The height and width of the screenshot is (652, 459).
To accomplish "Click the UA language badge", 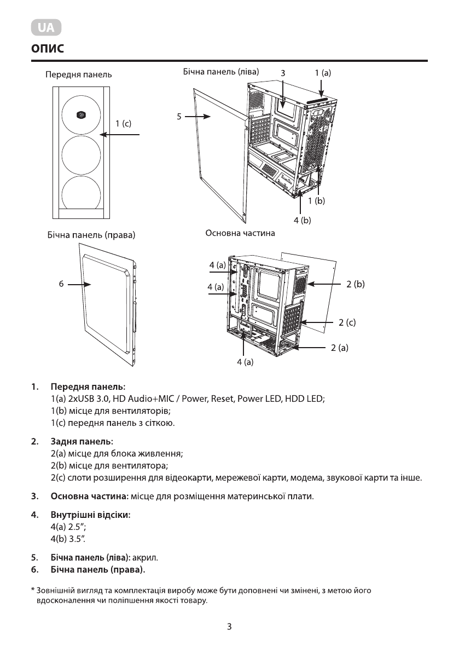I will (46, 28).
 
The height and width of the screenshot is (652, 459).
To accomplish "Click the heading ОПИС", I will (48, 49).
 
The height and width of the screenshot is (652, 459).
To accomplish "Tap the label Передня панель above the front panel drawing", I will (79, 74).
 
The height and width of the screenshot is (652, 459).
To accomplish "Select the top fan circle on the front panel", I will (80, 114).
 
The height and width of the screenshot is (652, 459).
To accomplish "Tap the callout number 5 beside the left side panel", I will (179, 116).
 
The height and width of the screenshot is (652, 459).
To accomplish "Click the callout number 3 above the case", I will (283, 72).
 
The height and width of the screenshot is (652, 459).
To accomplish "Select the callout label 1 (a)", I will (323, 72).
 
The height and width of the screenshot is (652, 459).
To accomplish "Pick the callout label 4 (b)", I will (302, 220).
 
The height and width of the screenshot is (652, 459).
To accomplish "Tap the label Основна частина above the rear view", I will (240, 233).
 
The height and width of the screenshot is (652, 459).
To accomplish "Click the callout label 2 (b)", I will (356, 284).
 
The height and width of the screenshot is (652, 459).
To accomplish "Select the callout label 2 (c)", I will (347, 322).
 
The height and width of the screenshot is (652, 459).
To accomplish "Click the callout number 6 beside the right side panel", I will (62, 284).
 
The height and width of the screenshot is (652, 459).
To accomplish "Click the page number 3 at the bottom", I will (229, 627).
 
